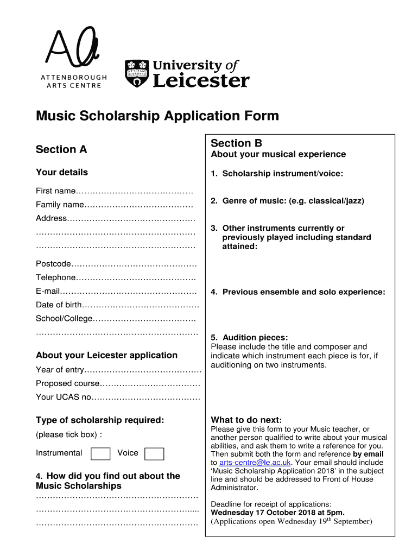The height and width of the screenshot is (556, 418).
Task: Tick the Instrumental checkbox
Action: [100, 453]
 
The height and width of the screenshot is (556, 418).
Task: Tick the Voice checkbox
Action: [154, 453]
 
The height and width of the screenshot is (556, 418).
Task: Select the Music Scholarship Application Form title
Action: [157, 116]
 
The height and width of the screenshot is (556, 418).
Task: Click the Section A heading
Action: [61, 149]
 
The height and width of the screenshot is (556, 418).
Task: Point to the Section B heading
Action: [236, 143]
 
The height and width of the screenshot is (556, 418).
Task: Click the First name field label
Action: [55, 191]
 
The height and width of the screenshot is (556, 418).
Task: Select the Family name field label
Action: [60, 205]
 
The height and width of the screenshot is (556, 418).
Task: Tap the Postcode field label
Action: [53, 264]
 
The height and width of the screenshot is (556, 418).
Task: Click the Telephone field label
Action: [55, 277]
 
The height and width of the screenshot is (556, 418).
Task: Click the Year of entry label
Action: [60, 370]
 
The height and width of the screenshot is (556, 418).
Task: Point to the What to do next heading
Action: [246, 420]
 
